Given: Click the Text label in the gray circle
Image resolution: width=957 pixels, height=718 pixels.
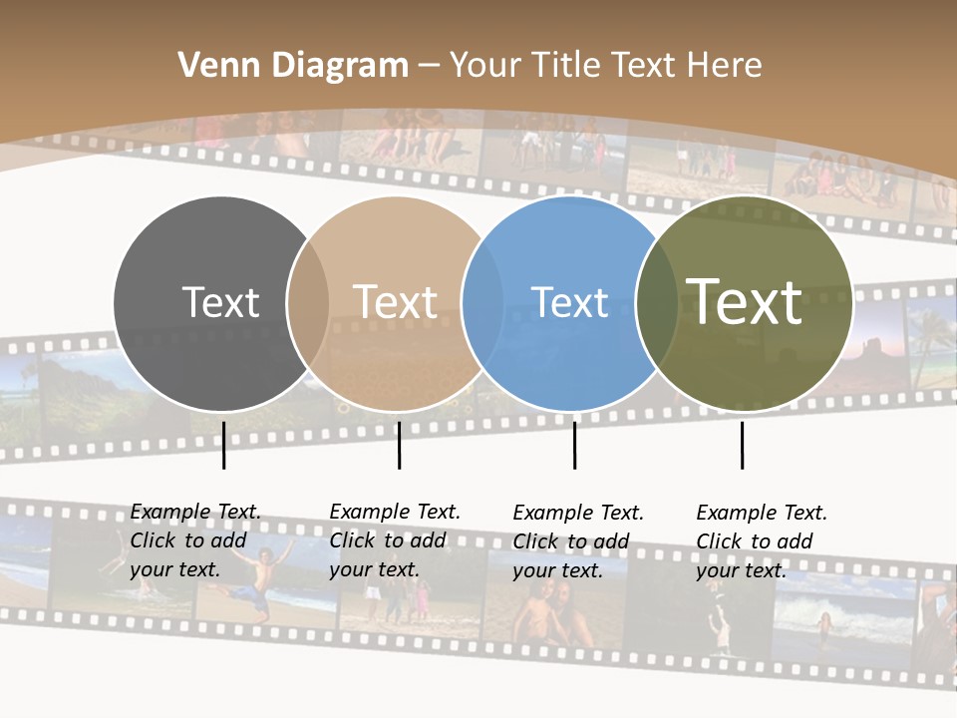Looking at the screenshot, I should click(220, 302).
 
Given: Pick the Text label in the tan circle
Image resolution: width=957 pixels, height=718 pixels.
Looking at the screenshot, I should click(396, 302).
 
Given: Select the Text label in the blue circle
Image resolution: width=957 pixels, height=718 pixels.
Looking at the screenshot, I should click(570, 302).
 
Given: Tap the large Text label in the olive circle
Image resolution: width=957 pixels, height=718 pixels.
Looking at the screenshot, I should click(745, 301).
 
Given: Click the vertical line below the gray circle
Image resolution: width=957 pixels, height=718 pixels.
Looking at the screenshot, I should click(223, 445).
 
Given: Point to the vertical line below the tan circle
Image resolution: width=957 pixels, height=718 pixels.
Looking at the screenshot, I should click(399, 445).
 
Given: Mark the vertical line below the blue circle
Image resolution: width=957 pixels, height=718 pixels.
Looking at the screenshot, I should click(574, 445).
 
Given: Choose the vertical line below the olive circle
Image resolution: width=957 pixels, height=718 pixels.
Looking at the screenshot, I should click(742, 445).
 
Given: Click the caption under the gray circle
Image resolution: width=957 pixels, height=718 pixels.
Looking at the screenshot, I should click(195, 540).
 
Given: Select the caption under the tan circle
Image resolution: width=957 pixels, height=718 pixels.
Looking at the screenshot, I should click(395, 540).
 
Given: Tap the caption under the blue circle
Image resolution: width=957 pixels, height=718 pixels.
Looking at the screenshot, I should click(578, 541).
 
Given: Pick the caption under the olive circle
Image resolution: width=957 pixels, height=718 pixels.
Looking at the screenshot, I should click(762, 541).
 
